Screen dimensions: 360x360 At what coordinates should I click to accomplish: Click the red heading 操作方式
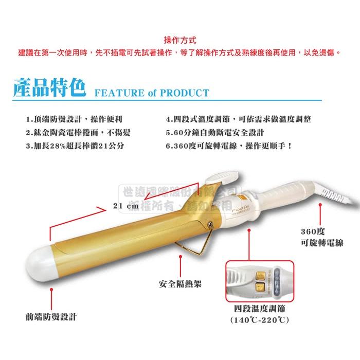pyautogui.click(x=180, y=40)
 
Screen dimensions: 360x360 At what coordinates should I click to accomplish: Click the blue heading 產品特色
pyautogui.click(x=49, y=88)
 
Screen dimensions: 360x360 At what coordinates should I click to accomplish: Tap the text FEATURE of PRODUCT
pyautogui.click(x=152, y=93)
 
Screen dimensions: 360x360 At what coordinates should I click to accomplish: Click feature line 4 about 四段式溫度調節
pyautogui.click(x=238, y=119)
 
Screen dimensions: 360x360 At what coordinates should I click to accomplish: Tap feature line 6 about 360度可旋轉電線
pyautogui.click(x=229, y=146)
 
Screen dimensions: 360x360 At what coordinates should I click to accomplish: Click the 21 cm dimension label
pyautogui.click(x=126, y=206)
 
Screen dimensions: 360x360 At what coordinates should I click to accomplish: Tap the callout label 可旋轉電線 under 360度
pyautogui.click(x=321, y=242)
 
